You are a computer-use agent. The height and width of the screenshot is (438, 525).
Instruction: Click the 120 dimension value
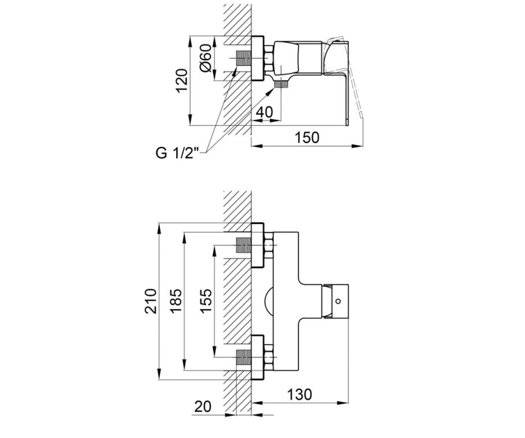click(182, 81)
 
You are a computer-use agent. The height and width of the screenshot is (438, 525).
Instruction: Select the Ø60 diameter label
click(206, 58)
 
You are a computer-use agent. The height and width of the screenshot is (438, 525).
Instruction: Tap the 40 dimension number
click(264, 112)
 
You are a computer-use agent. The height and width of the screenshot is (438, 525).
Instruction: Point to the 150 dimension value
click(307, 138)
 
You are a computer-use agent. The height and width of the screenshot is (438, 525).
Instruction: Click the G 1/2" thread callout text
click(177, 153)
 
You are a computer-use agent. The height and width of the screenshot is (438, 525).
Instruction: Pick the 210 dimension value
click(150, 301)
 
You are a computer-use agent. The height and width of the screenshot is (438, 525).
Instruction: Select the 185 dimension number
click(176, 301)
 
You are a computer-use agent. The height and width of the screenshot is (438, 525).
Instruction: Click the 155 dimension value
click(206, 301)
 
